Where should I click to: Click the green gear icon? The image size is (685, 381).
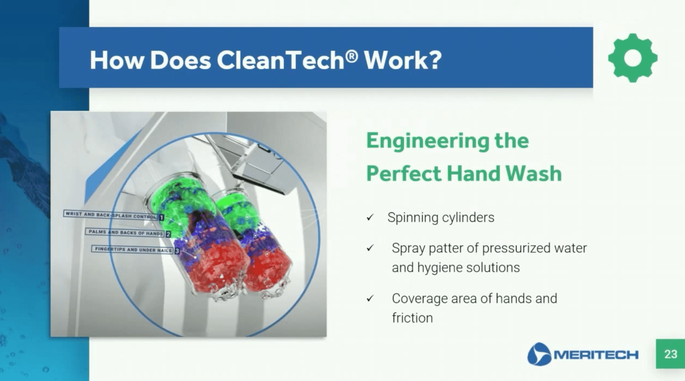[x=632, y=58]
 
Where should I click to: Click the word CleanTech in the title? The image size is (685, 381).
[x=280, y=60]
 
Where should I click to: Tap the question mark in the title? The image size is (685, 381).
[x=433, y=60]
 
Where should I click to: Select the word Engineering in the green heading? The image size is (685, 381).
[x=428, y=141]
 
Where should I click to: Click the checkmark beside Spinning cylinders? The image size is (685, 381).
[x=370, y=217]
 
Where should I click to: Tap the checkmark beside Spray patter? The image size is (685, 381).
[x=370, y=248]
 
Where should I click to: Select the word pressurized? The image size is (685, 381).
[x=516, y=248]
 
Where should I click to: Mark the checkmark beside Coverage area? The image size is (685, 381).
[x=370, y=298]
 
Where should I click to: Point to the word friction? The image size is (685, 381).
[x=412, y=318]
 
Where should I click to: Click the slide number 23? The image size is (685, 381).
[x=670, y=354]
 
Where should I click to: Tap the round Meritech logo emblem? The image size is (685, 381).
[x=539, y=354]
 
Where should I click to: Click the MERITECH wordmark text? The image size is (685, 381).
[x=596, y=355]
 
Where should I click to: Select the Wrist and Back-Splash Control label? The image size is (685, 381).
[x=110, y=214]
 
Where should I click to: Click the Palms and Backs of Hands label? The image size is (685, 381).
[x=125, y=233]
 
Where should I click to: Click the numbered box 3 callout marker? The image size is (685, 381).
[x=177, y=251]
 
